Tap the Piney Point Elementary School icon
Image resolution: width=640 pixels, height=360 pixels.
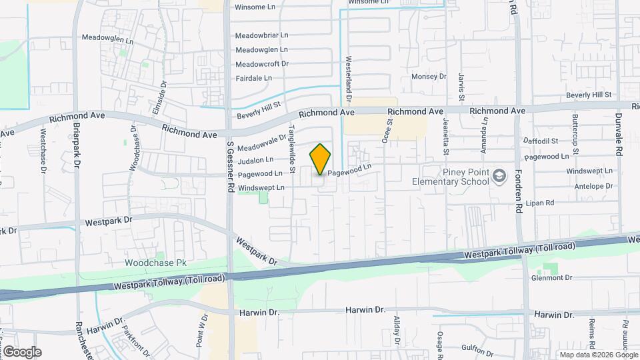(x=499, y=176)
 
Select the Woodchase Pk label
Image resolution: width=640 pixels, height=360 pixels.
(x=155, y=263)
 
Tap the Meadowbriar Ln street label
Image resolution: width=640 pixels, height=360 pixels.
(x=261, y=35)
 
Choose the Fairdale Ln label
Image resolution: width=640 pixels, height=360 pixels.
(x=254, y=78)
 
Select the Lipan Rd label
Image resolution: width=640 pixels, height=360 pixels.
(x=540, y=203)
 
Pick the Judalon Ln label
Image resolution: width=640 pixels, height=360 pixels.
(x=255, y=160)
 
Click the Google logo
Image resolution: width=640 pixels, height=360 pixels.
(x=22, y=351)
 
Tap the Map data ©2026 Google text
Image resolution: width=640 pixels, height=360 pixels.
(x=597, y=355)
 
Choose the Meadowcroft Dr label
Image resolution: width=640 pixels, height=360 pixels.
(x=261, y=64)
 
